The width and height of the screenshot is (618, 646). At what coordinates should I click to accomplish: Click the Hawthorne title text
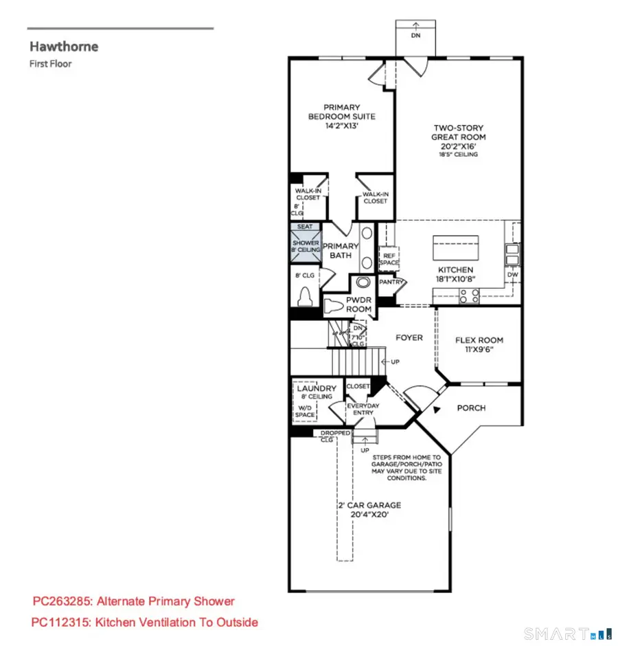point(63,47)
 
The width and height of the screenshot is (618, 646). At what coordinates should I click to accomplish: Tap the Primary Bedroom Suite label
point(341,116)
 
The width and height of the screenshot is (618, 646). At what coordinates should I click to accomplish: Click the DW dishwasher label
point(512,275)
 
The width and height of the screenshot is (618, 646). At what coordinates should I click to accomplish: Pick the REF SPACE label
point(389,258)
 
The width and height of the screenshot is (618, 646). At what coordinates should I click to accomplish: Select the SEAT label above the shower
point(305,226)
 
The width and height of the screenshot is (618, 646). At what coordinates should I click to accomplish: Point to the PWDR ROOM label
point(358,304)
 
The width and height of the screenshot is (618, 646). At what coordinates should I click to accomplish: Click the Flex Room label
point(479,344)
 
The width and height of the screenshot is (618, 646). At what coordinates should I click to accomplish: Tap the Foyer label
point(409,337)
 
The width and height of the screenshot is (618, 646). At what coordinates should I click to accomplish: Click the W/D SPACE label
point(305,410)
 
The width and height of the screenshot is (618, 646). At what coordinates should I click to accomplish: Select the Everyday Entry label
point(363,409)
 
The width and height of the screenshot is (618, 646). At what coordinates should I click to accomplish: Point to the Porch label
point(471,408)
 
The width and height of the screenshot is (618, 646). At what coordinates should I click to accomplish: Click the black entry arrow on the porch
point(435,411)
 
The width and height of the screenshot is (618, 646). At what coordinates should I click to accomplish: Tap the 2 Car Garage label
point(369,509)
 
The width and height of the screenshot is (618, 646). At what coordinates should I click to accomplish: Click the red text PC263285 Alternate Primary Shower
point(134,601)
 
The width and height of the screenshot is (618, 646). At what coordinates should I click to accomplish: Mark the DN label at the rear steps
point(415,36)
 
